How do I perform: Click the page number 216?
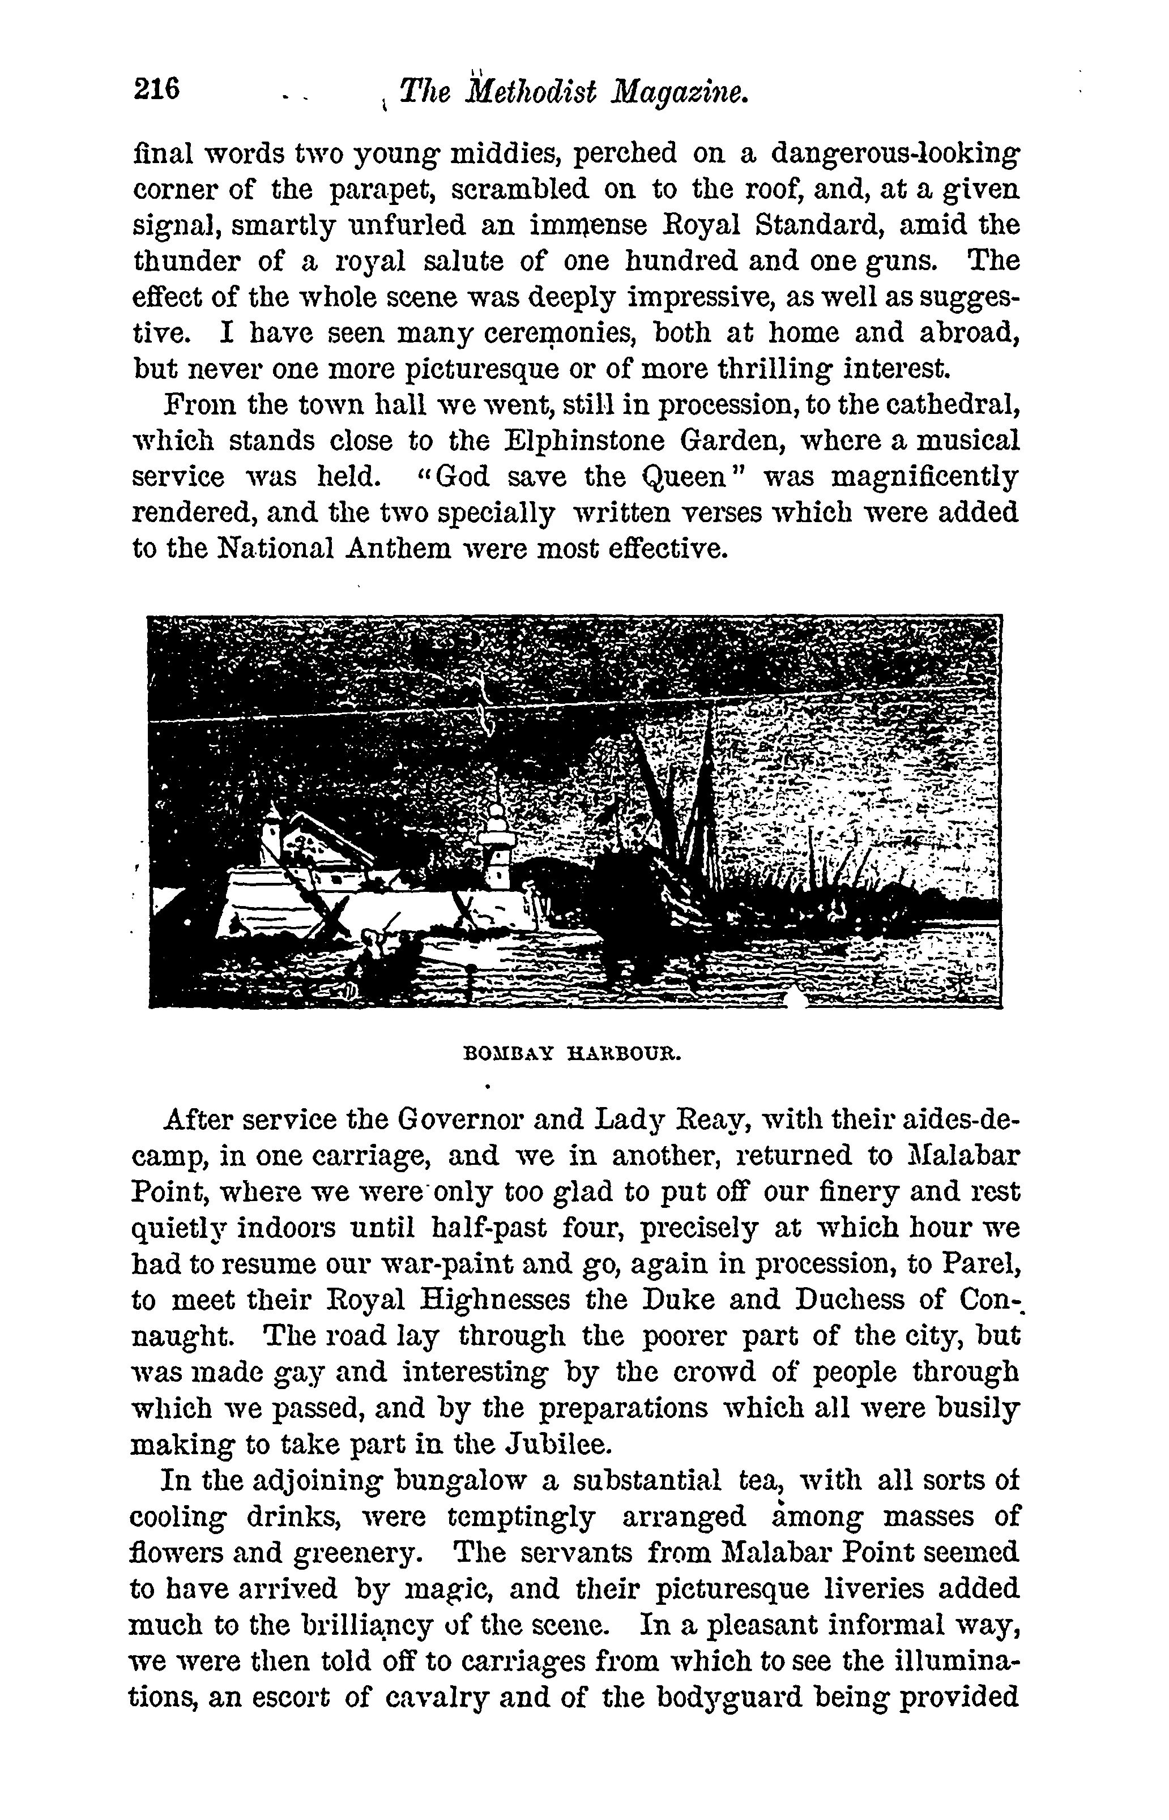pyautogui.click(x=157, y=89)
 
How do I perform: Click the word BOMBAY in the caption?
pyautogui.click(x=510, y=1054)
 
